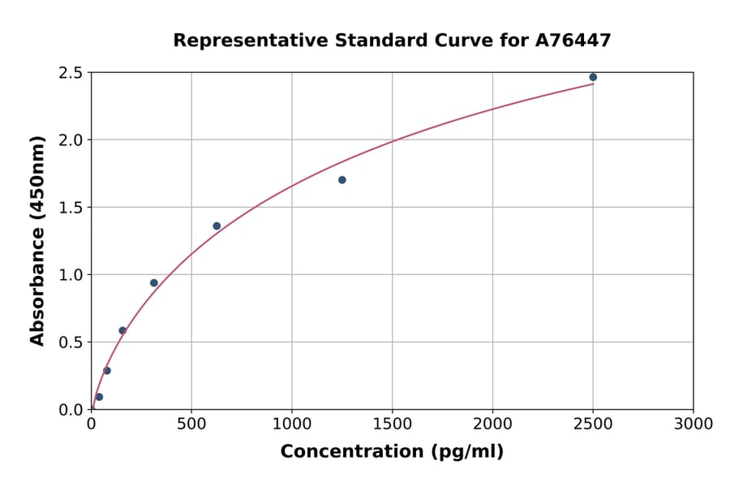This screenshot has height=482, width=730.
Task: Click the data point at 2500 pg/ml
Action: (x=593, y=77)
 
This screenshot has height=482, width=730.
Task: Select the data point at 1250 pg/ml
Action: (x=342, y=180)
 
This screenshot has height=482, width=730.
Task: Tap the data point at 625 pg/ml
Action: (x=217, y=226)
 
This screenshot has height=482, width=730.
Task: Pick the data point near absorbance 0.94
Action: (x=154, y=283)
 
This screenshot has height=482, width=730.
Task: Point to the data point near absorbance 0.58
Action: (x=122, y=331)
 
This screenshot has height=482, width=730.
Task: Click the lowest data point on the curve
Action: (x=99, y=397)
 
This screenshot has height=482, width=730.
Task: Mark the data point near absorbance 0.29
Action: (x=107, y=371)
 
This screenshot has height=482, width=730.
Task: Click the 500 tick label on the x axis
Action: (x=191, y=424)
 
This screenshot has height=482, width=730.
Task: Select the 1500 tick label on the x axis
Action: (x=392, y=424)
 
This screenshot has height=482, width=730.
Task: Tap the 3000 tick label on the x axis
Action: (x=693, y=424)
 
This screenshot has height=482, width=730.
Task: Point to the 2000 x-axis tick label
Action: (x=492, y=424)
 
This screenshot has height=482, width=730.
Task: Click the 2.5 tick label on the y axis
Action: (x=71, y=73)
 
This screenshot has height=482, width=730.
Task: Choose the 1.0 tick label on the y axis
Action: (x=71, y=275)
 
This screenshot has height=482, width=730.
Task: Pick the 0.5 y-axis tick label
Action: (x=71, y=342)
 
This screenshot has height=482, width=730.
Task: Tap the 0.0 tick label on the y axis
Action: (x=71, y=410)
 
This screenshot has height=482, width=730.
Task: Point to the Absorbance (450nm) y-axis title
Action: (x=37, y=240)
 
